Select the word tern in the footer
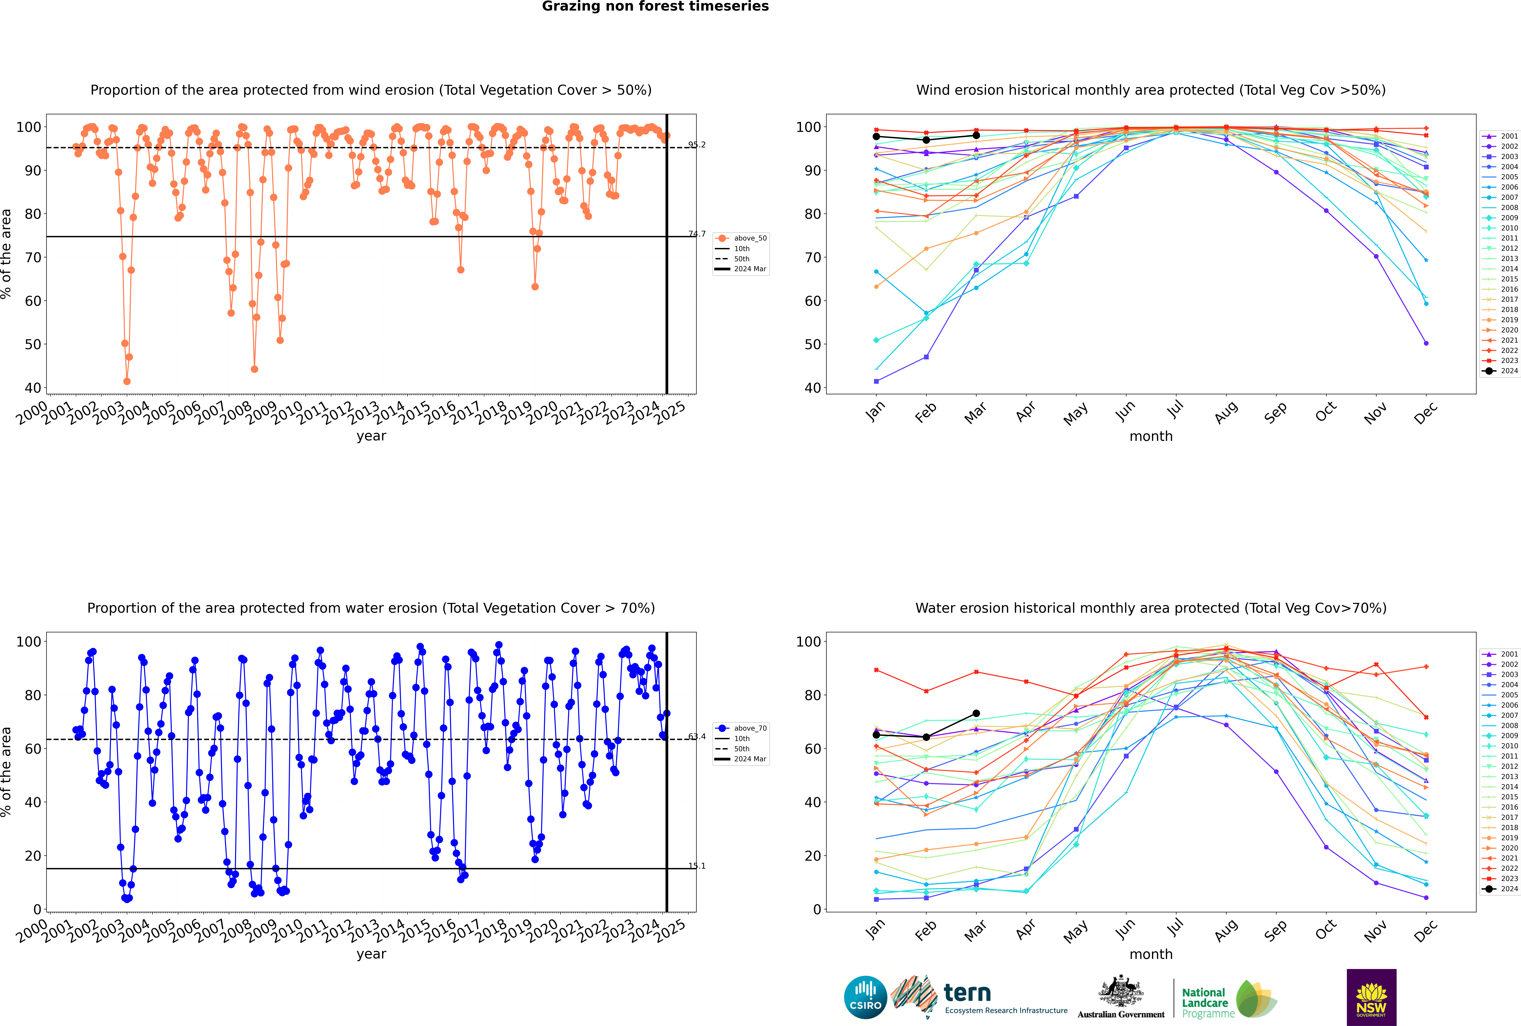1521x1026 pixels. coord(967,993)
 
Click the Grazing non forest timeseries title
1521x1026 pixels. coord(655,6)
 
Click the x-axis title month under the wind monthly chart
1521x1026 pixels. coord(1151,437)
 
